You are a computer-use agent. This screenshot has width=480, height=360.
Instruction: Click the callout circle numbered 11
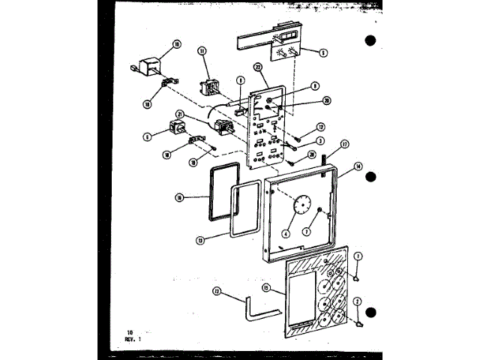[202, 50]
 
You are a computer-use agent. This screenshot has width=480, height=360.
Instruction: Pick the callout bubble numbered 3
[319, 140]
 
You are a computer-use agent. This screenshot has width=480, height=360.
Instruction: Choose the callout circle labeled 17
[344, 143]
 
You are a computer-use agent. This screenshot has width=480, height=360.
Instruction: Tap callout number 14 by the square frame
[358, 166]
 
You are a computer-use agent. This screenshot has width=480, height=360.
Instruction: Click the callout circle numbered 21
[179, 114]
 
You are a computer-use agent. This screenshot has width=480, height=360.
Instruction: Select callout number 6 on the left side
[148, 136]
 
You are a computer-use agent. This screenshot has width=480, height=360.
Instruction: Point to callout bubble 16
[179, 198]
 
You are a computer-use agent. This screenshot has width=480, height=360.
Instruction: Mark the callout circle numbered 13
[199, 240]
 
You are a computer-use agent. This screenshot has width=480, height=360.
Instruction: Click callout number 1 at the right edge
[358, 256]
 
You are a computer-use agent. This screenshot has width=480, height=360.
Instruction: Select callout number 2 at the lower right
[358, 301]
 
